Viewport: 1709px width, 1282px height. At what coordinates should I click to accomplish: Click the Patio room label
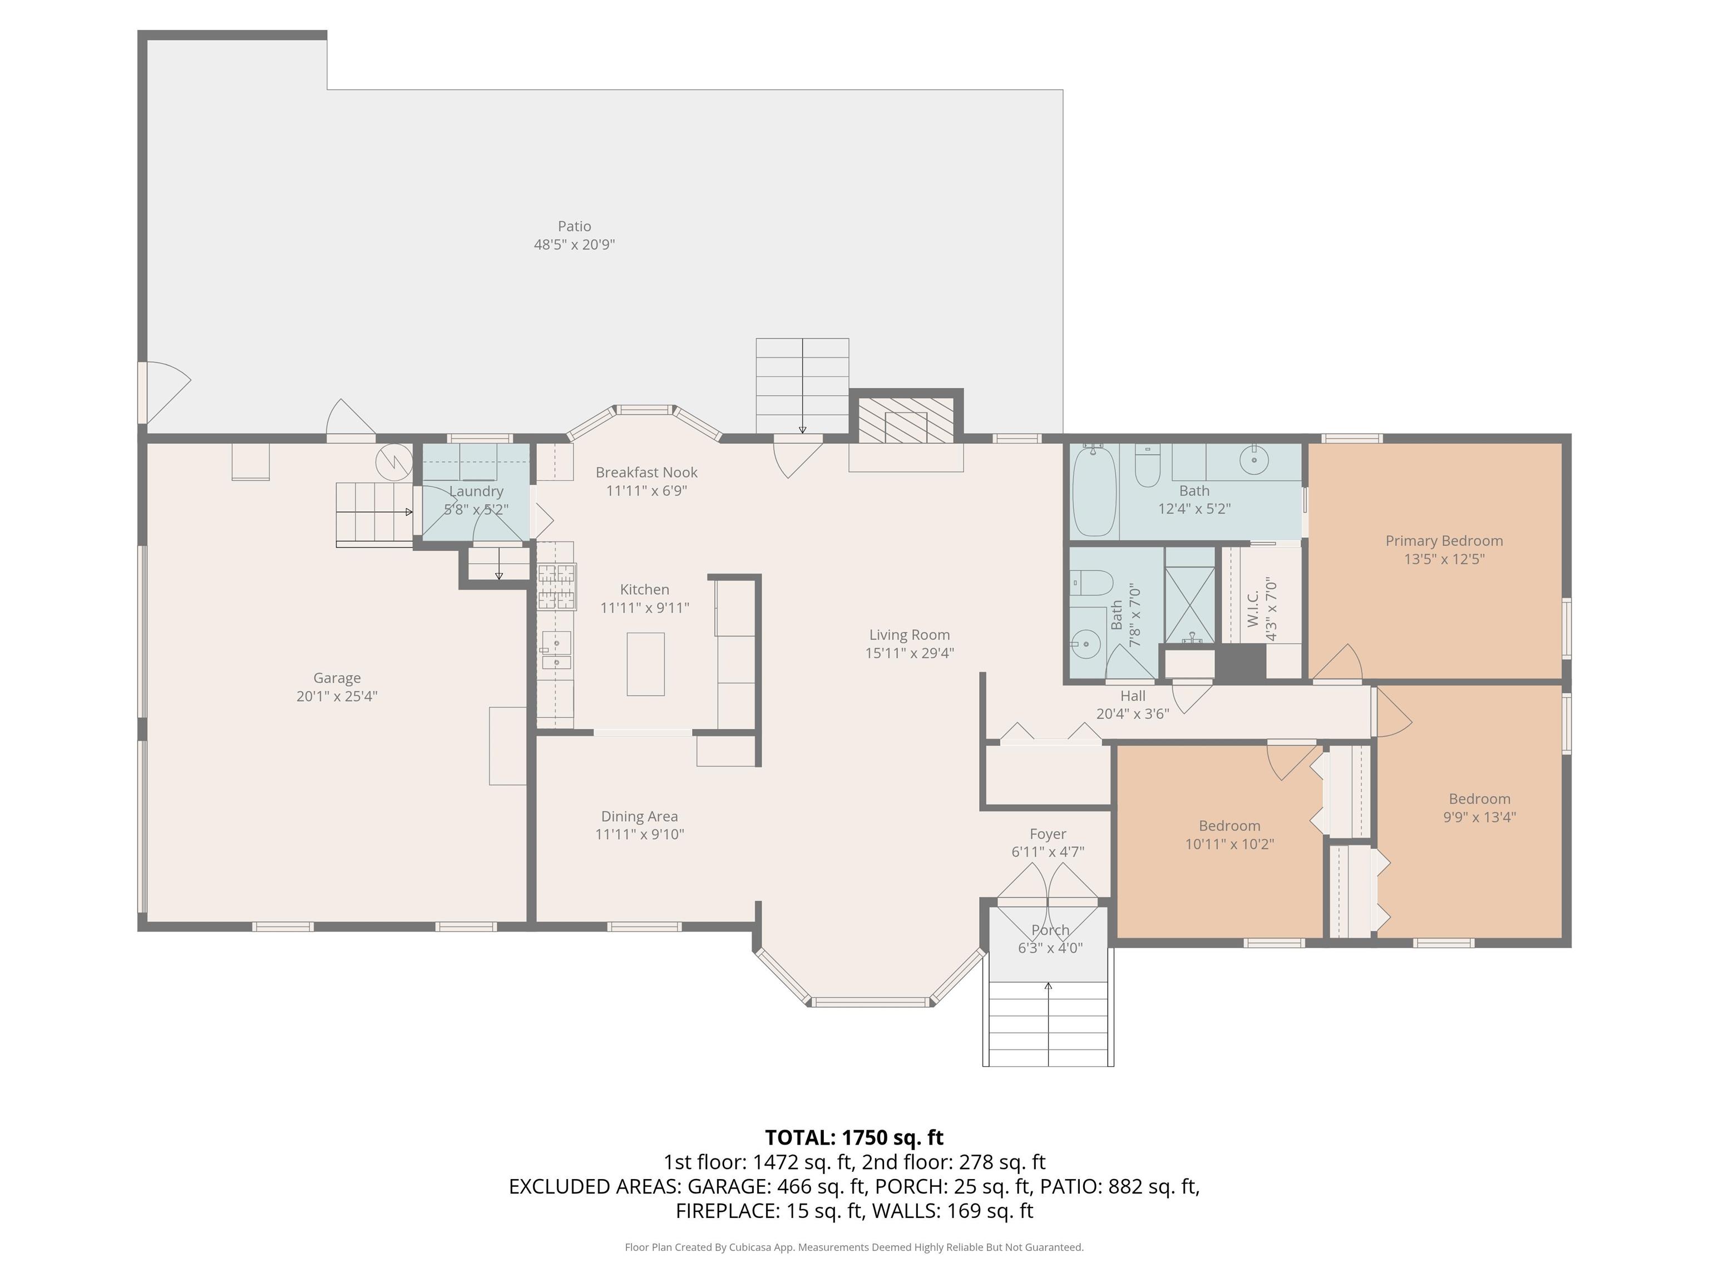click(574, 226)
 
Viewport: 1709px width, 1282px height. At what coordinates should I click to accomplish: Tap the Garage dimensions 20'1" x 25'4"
click(337, 696)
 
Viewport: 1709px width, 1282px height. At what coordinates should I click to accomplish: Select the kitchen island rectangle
click(645, 664)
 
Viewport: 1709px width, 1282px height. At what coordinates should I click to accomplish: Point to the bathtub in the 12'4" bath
click(1094, 492)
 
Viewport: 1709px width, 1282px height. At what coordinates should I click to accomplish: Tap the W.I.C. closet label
click(1253, 609)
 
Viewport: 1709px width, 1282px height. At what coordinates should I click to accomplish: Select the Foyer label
click(1048, 834)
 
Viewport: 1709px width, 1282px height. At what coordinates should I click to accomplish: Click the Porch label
click(1050, 930)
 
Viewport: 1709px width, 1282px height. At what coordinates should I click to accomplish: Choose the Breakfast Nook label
click(646, 472)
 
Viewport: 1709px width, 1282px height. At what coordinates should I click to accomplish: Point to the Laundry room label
click(476, 491)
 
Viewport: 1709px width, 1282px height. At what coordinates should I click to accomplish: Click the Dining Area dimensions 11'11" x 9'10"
click(640, 835)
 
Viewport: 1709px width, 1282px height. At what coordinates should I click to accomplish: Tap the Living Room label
click(910, 635)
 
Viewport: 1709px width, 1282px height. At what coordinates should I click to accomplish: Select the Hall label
click(1133, 696)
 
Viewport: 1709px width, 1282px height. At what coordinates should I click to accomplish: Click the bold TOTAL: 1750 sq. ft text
click(854, 1137)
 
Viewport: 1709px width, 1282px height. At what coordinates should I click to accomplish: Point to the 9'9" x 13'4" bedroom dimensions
click(1480, 817)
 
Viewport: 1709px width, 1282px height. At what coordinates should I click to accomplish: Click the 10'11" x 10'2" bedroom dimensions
click(1229, 844)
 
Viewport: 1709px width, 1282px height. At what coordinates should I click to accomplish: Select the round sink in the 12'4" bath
click(1254, 461)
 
